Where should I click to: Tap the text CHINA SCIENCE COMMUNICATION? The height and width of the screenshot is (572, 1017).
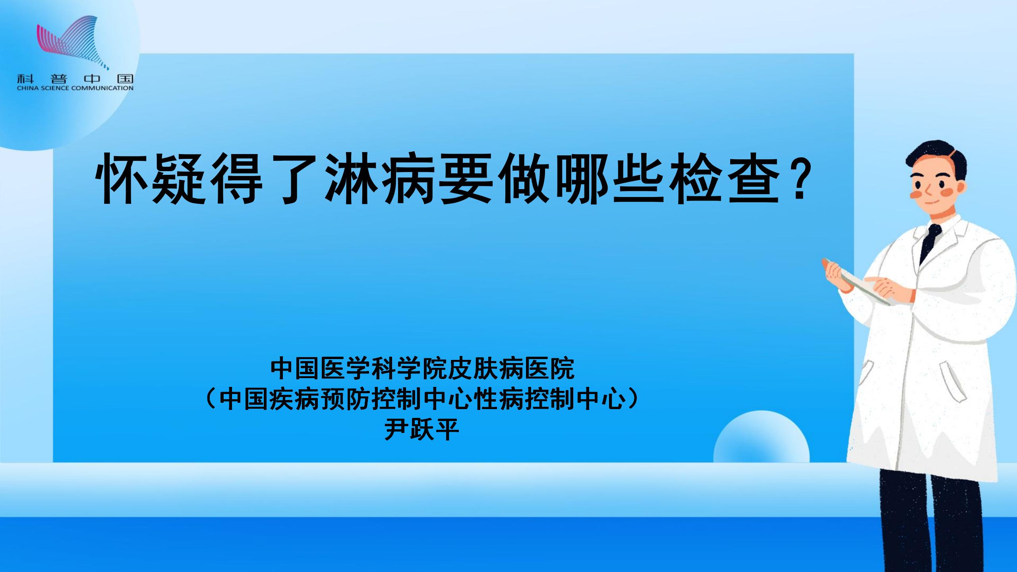75,88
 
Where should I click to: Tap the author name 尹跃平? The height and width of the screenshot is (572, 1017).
422,429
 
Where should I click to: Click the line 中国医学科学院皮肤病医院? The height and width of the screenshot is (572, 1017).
422,369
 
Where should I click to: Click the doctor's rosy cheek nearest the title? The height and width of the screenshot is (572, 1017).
914,194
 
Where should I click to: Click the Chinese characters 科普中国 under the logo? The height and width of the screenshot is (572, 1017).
75,79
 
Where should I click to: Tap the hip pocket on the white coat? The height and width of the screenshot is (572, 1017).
951,381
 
